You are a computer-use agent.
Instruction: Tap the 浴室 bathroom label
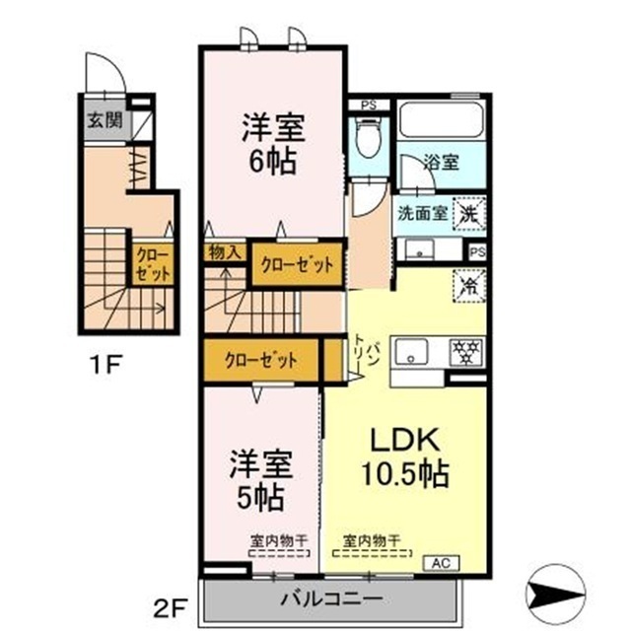[x=442, y=163]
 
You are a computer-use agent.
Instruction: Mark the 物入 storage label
[x=225, y=252]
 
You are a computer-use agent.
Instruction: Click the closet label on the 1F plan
[x=153, y=263]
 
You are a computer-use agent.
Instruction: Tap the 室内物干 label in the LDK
[x=372, y=540]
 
